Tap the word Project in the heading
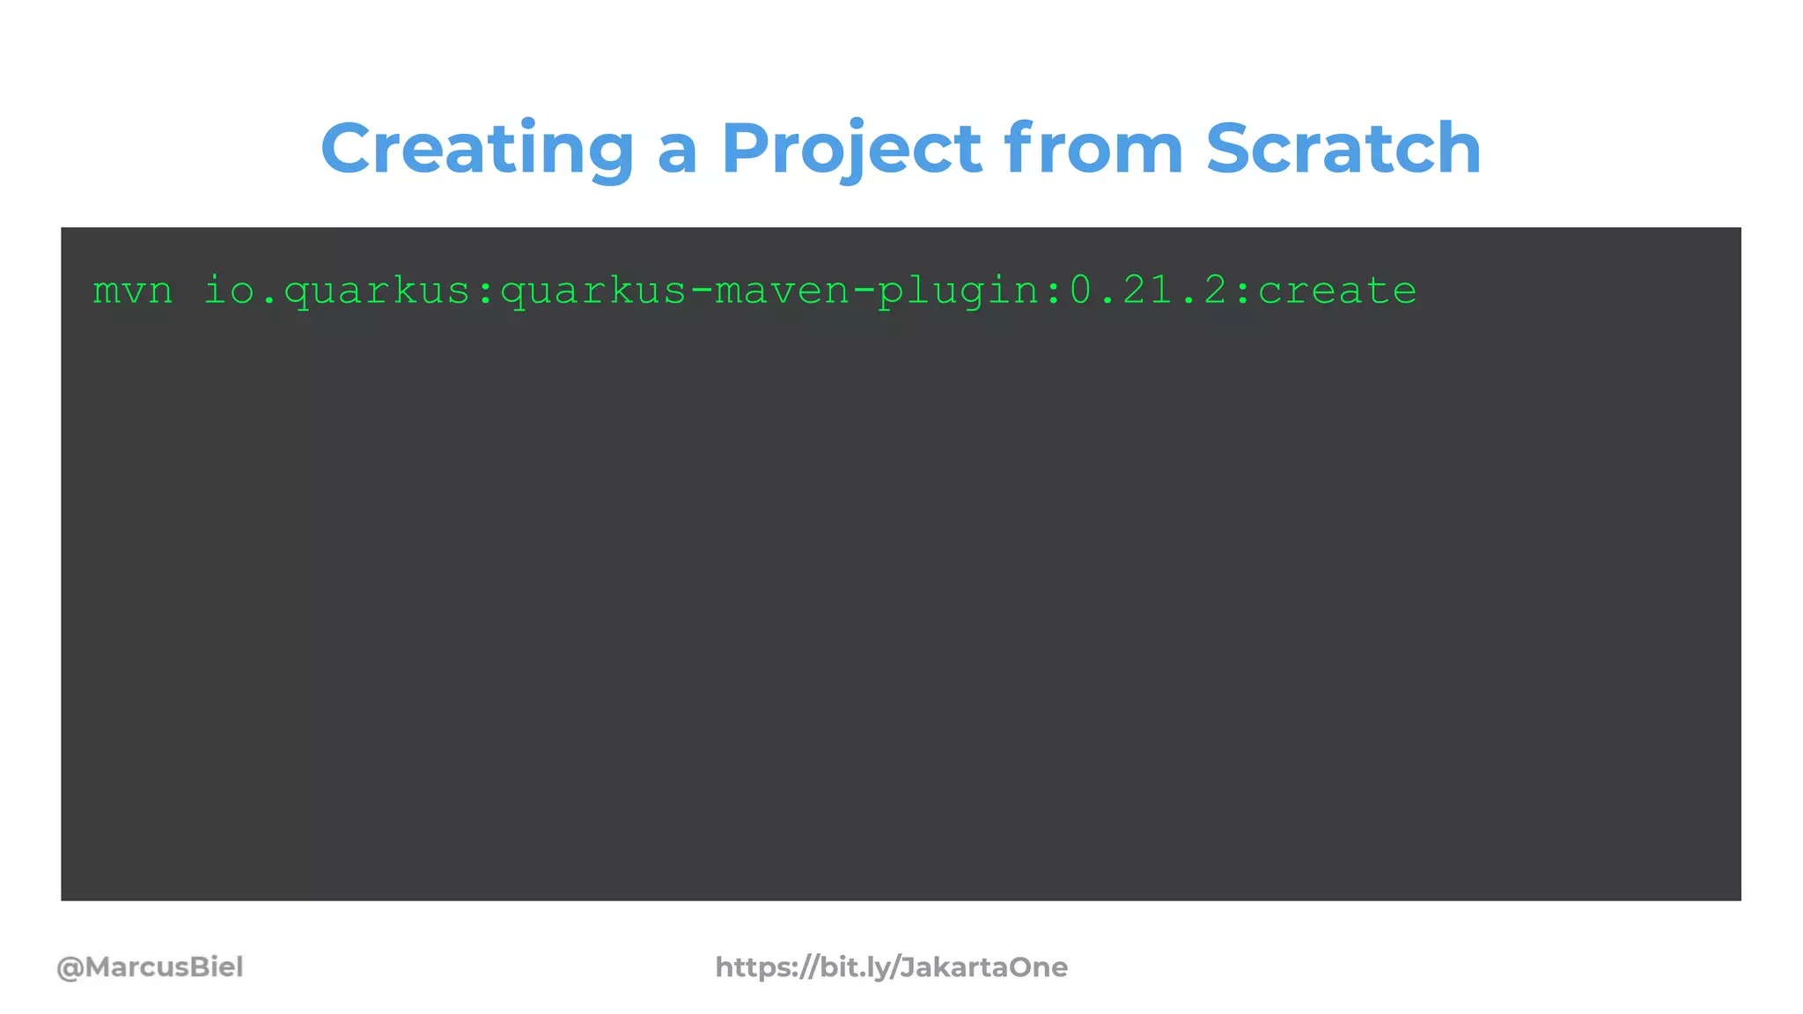tap(850, 148)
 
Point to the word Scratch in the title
tap(1343, 148)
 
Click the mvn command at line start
tap(133, 290)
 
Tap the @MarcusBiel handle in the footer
tap(150, 967)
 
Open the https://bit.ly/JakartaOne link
tap(891, 967)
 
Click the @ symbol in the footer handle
tap(70, 968)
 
